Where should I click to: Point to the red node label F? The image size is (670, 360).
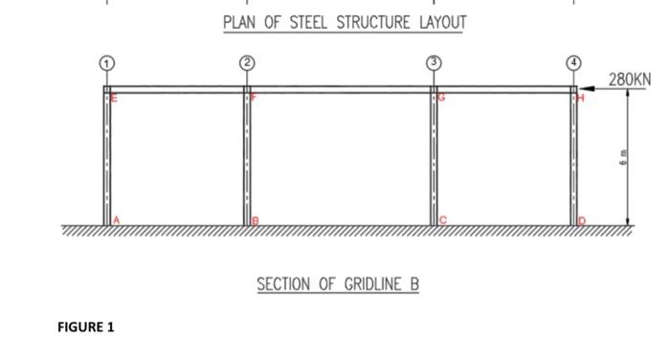(x=254, y=98)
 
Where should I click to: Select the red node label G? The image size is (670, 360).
(x=442, y=98)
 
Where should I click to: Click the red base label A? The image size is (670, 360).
(x=117, y=221)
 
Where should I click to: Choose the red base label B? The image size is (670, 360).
(x=256, y=221)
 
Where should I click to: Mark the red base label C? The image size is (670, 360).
(x=443, y=221)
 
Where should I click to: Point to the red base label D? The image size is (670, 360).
(x=581, y=221)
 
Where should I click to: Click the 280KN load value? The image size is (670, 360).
(x=629, y=78)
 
